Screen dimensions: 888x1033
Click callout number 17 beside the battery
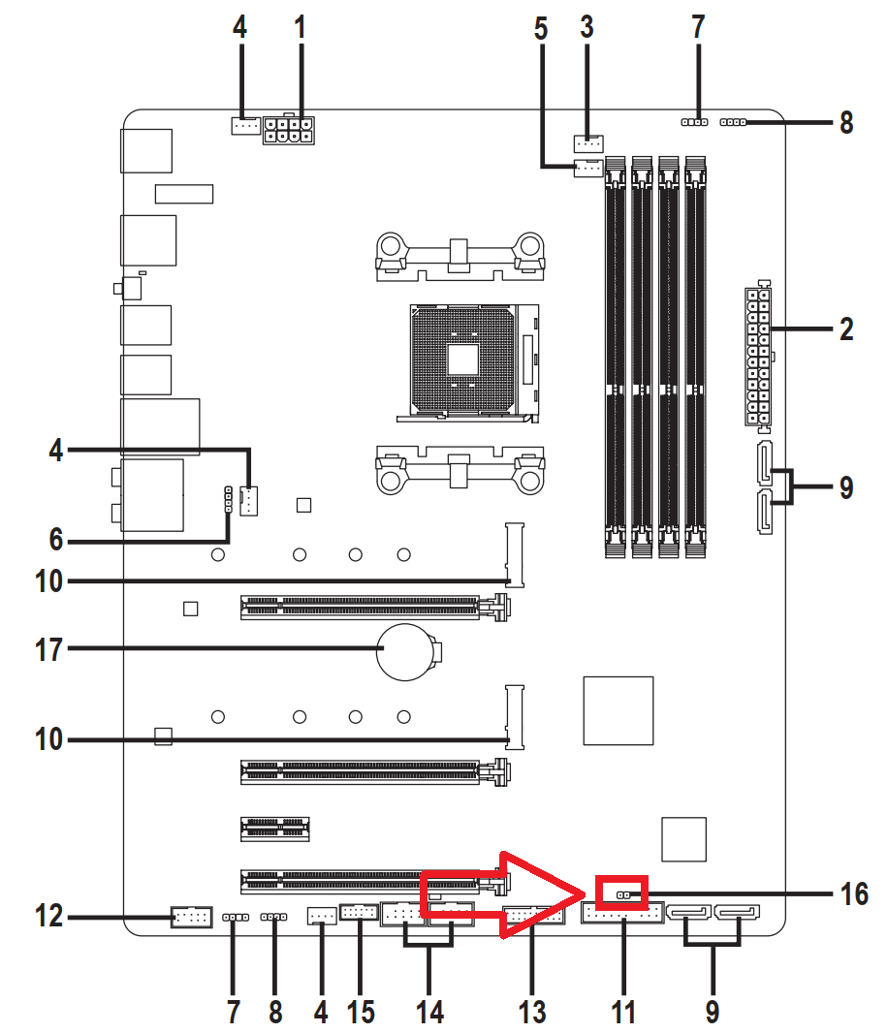point(48,649)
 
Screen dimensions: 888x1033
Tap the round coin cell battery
point(405,652)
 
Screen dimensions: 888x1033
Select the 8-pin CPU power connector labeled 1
point(288,130)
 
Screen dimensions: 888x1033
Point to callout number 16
point(854,894)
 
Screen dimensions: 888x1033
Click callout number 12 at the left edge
point(48,917)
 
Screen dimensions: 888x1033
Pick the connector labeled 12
point(191,917)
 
